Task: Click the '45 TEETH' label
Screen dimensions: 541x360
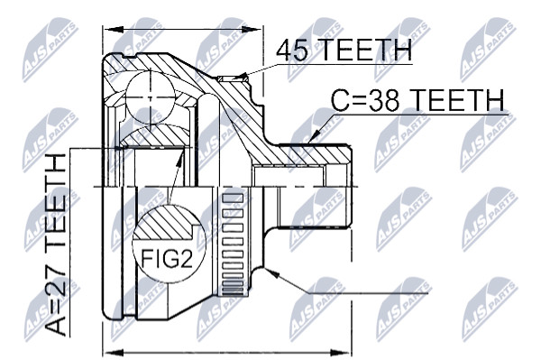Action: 344,50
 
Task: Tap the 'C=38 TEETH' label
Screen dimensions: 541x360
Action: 417,100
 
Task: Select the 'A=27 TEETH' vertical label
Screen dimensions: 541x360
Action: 56,245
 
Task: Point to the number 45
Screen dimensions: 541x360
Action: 292,51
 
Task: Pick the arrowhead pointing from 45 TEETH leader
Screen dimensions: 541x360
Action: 243,77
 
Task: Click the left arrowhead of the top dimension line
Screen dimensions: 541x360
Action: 114,30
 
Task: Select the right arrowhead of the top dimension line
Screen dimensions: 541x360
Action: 252,30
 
